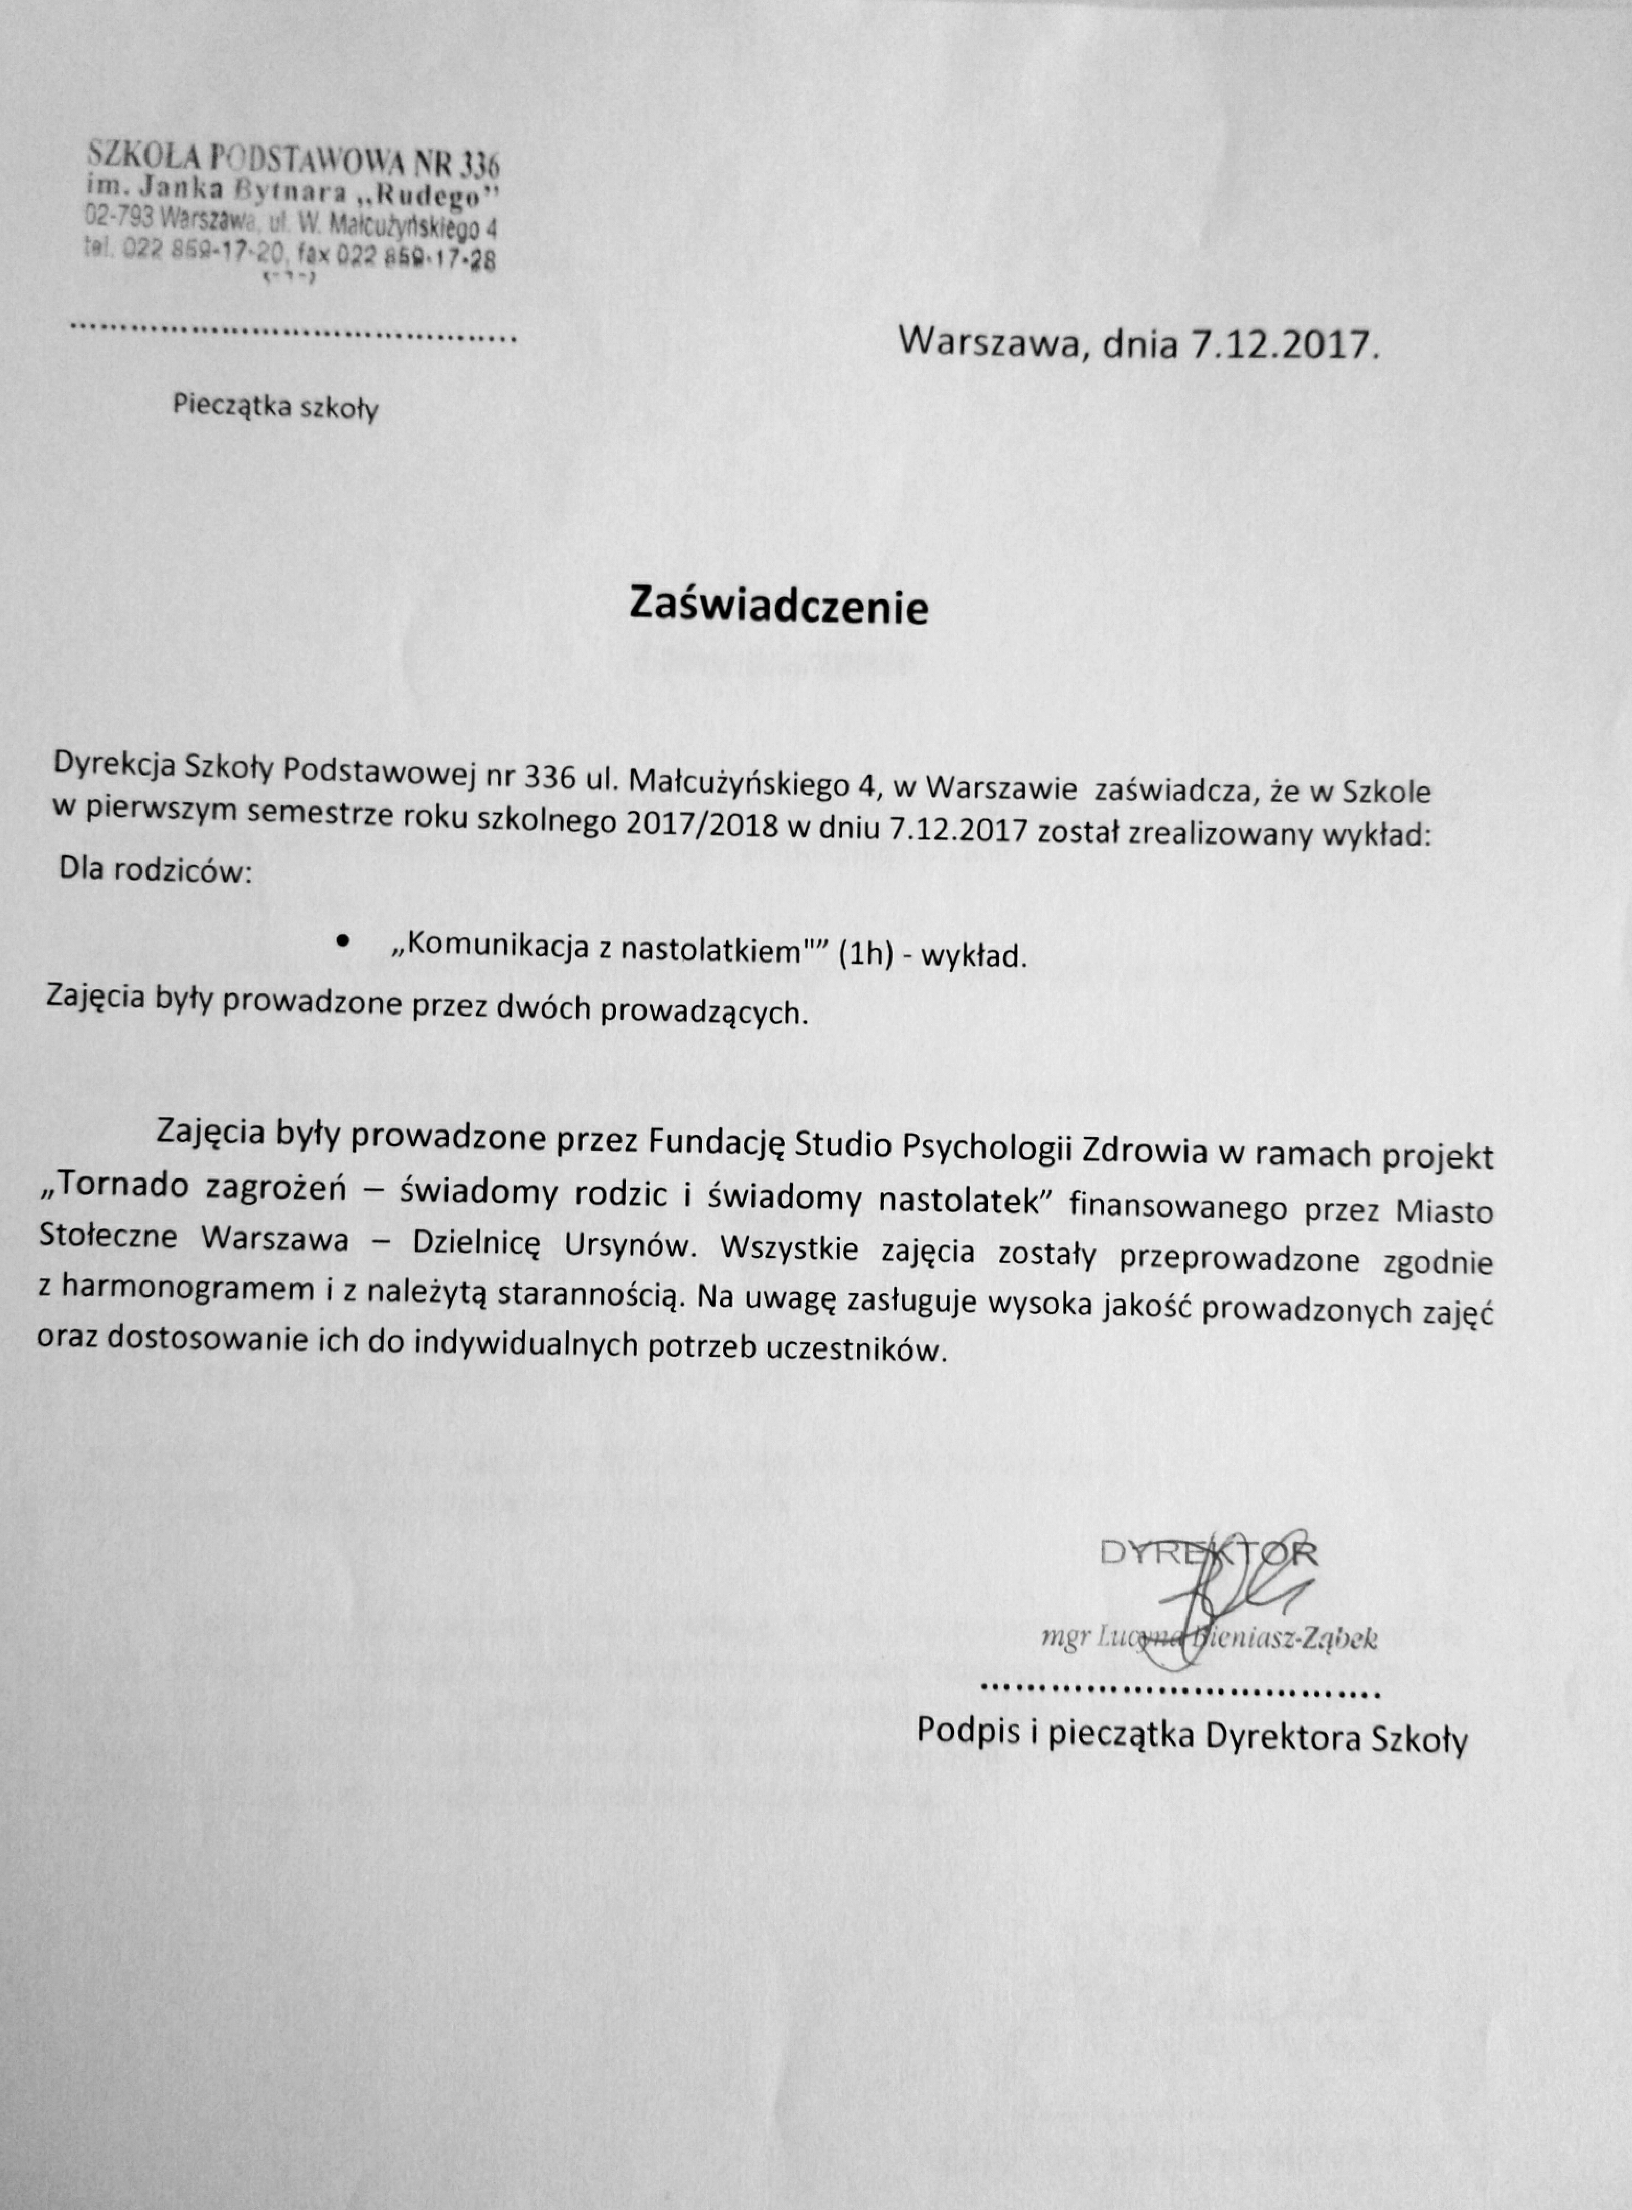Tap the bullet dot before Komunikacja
pyautogui.click(x=343, y=942)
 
